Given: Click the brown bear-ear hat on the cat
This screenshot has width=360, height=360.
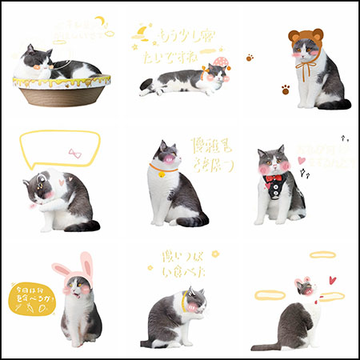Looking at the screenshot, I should [305, 37].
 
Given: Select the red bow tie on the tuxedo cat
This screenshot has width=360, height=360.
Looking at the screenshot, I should [274, 178].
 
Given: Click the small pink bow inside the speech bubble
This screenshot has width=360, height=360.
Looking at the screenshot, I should [75, 152].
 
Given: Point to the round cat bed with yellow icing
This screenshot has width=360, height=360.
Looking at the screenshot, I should [62, 90].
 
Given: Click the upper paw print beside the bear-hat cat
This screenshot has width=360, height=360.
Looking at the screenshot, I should [250, 58].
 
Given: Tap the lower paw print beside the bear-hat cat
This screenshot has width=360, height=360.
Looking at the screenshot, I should [285, 90].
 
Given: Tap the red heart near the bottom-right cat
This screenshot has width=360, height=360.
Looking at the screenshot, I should [331, 280].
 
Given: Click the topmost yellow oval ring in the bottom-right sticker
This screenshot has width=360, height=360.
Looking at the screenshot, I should [322, 255].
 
